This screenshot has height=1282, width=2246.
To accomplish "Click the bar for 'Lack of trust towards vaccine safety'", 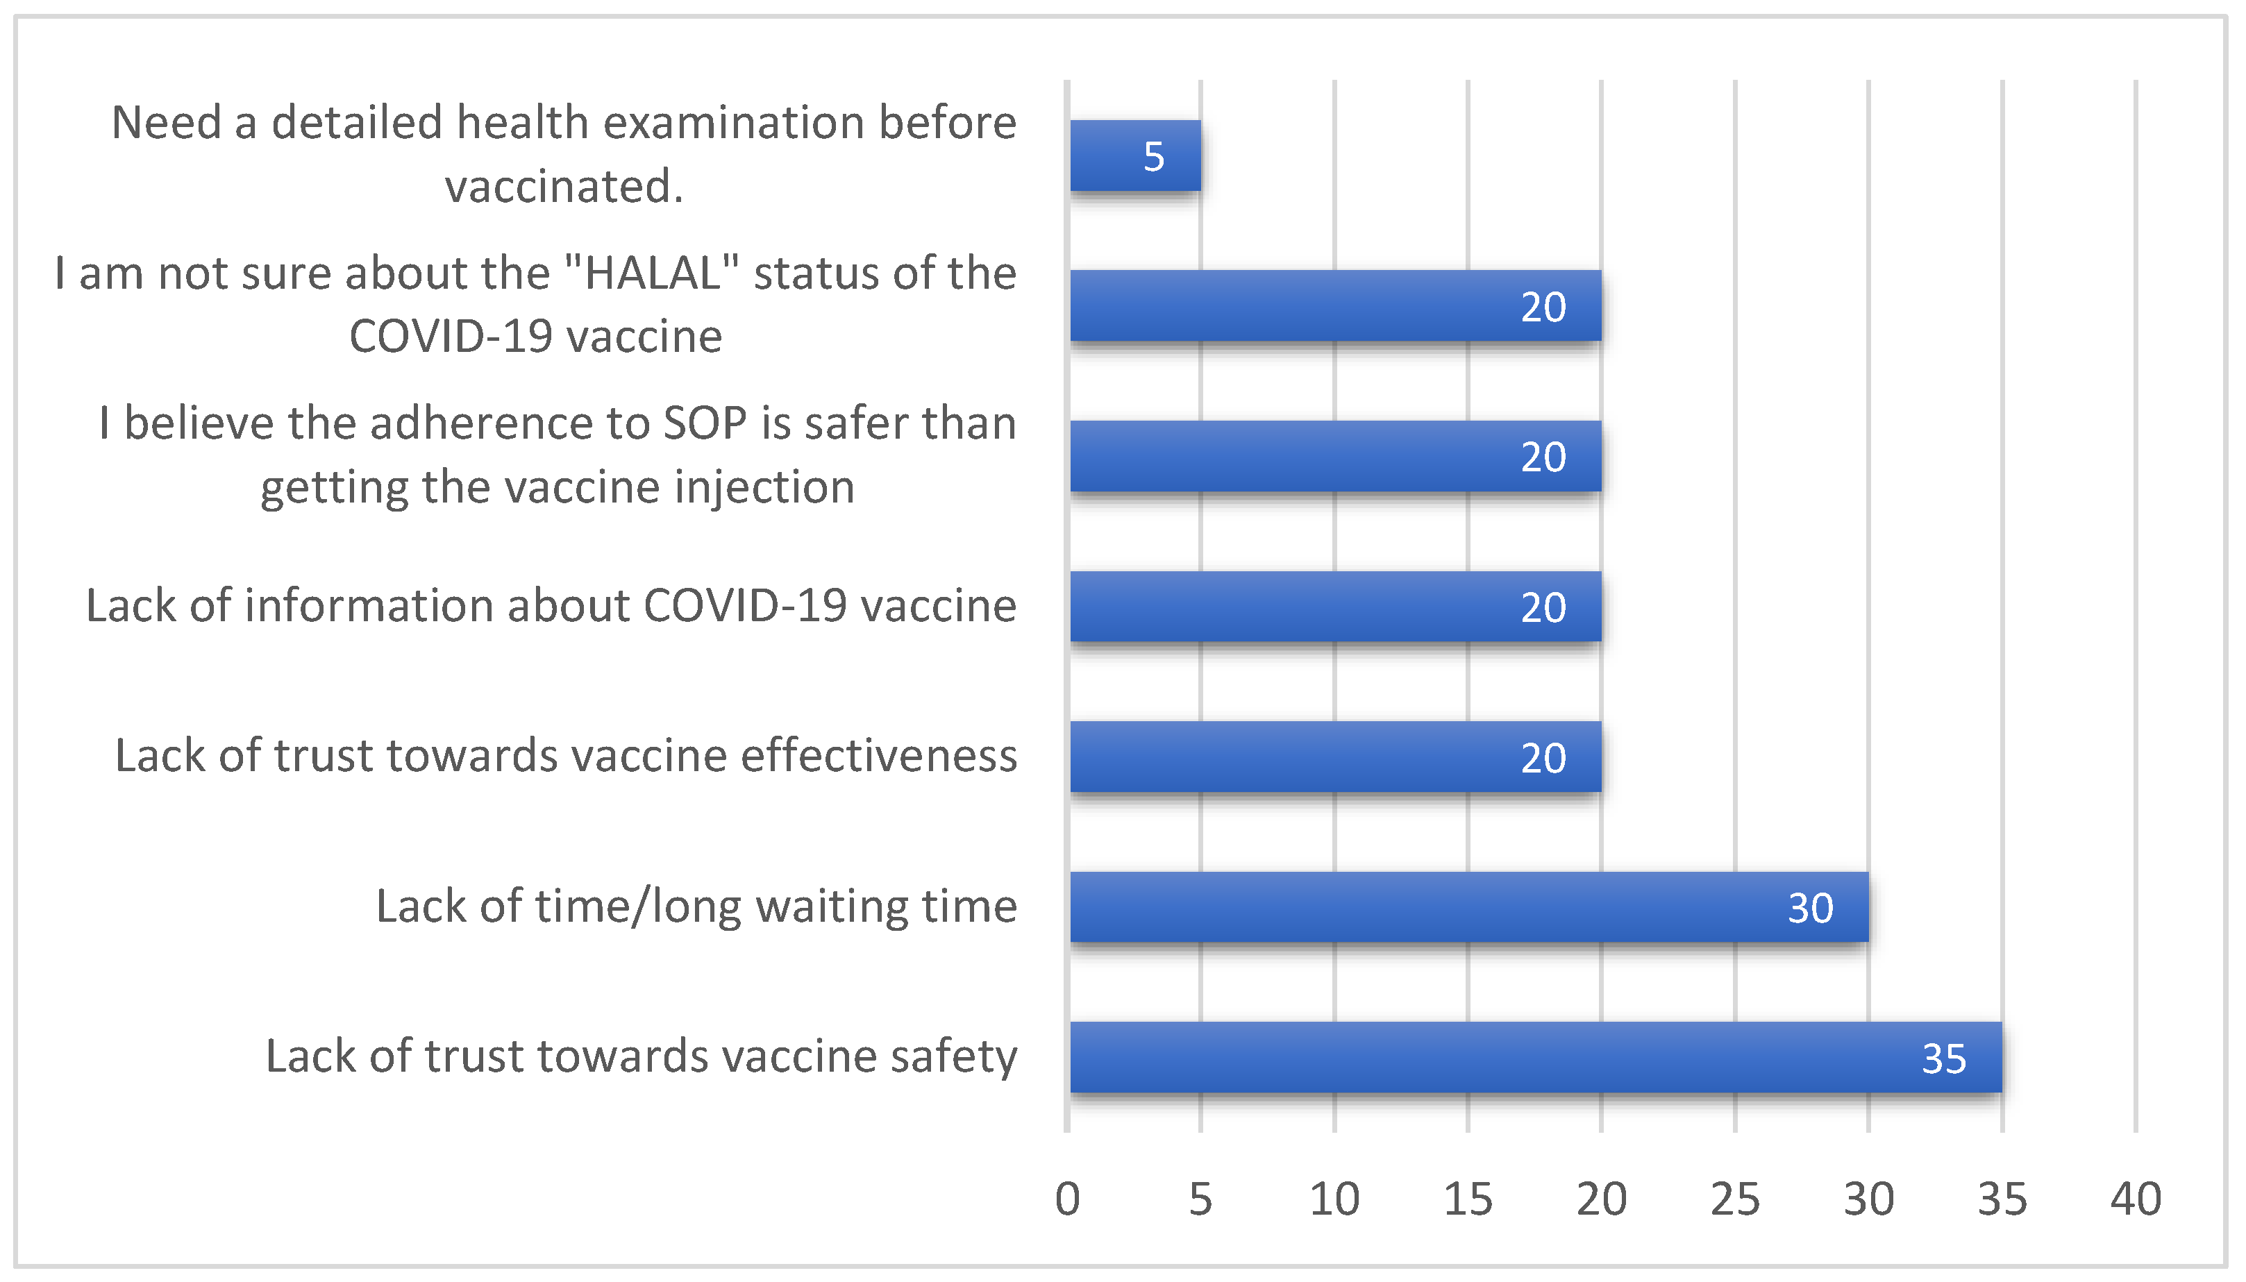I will tap(1536, 1056).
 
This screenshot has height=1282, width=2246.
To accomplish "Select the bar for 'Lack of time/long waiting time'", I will tap(1468, 907).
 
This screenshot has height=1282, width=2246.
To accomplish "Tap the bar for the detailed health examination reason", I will tap(1135, 156).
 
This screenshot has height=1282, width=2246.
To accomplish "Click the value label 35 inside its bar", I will tap(1943, 1059).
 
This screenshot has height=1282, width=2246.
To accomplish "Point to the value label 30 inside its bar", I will tap(1810, 908).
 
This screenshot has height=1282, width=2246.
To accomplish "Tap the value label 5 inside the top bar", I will tap(1153, 157).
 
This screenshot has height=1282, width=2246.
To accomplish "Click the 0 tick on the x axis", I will tap(1067, 1199).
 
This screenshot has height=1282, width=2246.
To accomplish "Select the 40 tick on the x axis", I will tap(2135, 1199).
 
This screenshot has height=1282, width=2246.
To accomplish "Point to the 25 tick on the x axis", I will tap(1734, 1199).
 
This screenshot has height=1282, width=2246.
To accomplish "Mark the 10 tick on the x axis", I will tap(1334, 1199).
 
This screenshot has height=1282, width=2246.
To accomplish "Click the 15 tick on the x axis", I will tap(1468, 1199).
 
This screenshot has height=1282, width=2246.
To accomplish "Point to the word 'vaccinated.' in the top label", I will tap(564, 186).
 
